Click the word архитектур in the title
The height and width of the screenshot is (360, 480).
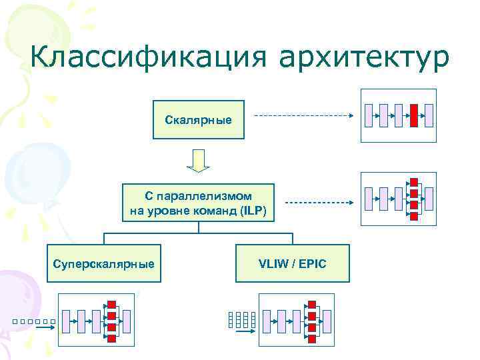[365, 58]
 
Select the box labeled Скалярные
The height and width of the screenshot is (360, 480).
[199, 120]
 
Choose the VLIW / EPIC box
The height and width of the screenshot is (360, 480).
[292, 264]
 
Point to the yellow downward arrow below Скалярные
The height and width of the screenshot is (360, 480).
[197, 160]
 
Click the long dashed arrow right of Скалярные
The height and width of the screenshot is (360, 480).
[303, 116]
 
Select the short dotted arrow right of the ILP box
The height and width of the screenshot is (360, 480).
[319, 202]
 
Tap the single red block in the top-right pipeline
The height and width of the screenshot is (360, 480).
[414, 115]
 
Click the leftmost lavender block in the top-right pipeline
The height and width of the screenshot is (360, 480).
[369, 115]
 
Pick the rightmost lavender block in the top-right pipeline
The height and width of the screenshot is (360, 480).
[429, 115]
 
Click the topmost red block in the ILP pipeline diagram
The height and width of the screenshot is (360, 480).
[414, 182]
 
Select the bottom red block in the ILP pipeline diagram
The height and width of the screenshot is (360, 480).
[414, 216]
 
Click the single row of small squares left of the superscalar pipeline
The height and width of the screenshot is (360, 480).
[32, 323]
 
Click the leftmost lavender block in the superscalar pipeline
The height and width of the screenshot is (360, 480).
[66, 321]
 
